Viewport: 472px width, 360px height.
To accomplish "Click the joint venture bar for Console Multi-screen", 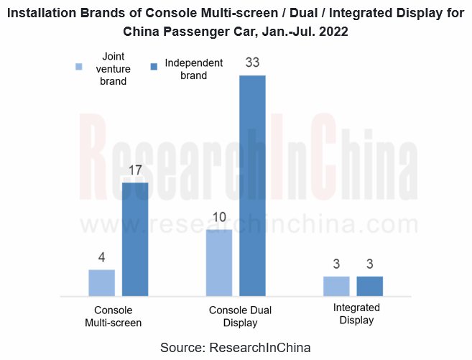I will click(x=101, y=282).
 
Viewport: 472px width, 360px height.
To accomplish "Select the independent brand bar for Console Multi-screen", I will click(x=135, y=239).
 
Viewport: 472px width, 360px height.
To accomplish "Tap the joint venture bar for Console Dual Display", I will click(x=219, y=262).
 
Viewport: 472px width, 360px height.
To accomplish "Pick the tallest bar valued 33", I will click(x=252, y=185).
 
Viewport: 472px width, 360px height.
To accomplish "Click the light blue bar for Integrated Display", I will click(x=336, y=285).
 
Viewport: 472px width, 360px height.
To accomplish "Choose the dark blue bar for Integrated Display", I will click(x=369, y=285).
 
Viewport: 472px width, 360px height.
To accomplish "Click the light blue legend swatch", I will click(x=80, y=68).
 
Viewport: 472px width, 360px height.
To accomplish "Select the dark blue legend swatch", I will click(x=154, y=68).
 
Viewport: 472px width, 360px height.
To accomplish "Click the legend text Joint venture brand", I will click(x=113, y=68).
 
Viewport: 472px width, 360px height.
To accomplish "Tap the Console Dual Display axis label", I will click(x=240, y=316).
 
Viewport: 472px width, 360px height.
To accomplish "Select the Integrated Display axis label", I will click(x=356, y=313).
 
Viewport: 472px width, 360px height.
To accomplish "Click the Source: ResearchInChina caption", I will click(x=236, y=347).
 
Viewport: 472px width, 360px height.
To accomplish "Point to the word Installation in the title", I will click(x=50, y=12).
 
